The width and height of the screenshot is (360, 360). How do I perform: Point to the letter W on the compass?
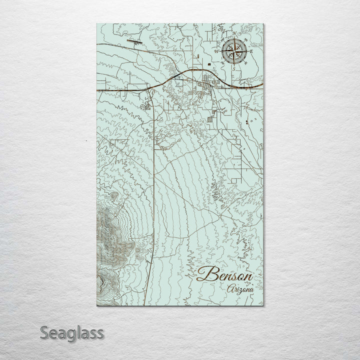point(216,50)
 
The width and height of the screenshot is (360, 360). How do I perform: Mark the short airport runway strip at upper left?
point(133,42)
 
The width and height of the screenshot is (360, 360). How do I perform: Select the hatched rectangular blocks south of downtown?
point(210,120)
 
